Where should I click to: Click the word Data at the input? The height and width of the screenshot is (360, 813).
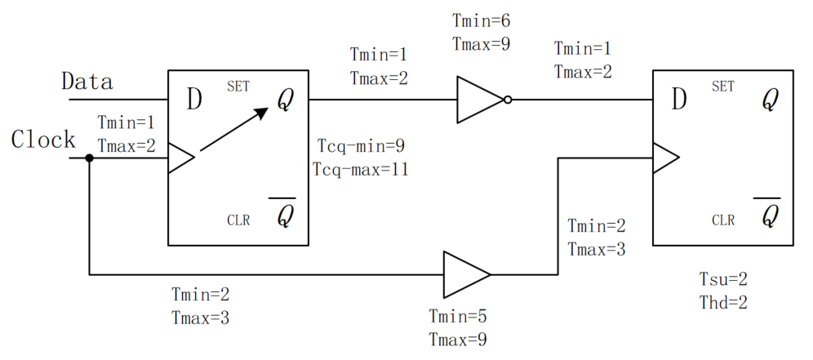coord(87,82)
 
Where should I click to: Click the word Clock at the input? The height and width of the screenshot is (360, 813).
coord(43,140)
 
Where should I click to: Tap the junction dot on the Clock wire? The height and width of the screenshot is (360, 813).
coord(89,157)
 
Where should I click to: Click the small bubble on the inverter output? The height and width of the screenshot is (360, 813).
coord(508,100)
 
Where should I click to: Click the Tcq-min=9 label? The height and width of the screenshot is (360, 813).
coord(360,147)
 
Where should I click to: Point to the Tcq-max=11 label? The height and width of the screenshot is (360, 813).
coord(360,170)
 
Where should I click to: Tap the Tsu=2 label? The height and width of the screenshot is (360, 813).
coord(717,280)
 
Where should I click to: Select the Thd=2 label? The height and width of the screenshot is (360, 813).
coord(717,302)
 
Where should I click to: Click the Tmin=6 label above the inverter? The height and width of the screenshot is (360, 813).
coord(482,21)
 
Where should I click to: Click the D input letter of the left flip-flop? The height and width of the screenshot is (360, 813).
coord(194,100)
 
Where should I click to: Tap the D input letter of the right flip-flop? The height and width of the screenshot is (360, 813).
coord(679,100)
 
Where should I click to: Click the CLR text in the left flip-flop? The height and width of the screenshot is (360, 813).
coord(238,220)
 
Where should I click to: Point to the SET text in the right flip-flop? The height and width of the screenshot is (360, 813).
coord(723,86)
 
